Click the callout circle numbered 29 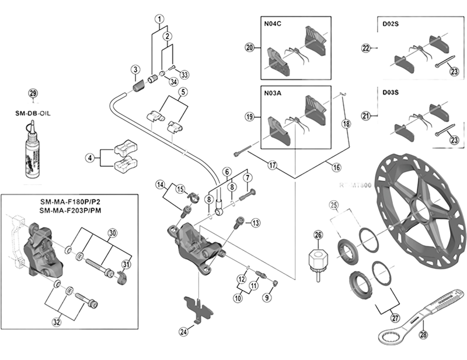click(x=33, y=94)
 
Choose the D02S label click(x=391, y=25)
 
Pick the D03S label click(x=391, y=93)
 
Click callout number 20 click(x=250, y=48)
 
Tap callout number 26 click(x=318, y=235)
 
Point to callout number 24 click(x=184, y=332)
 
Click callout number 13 click(x=256, y=223)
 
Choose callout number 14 click(x=161, y=185)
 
